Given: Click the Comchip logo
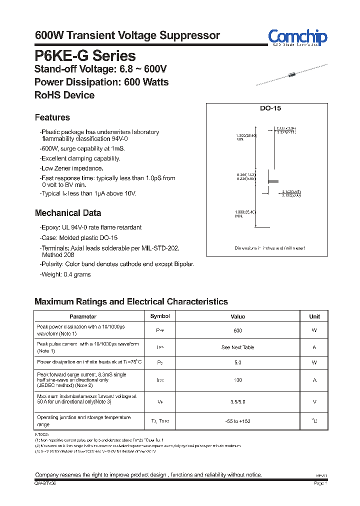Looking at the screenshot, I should point(297,37).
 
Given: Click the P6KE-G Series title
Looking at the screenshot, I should point(85,55).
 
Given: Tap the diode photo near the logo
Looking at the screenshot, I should point(292,75).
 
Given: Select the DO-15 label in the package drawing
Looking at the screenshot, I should point(271,108).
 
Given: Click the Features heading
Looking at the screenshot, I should point(52,117).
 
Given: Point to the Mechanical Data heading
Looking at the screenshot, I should point(68,213).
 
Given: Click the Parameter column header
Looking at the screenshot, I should point(83,316).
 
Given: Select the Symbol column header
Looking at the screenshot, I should point(160,316).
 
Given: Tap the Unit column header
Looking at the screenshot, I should point(314,316).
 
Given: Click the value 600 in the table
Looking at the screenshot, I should point(238,330).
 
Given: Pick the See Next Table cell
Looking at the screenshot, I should point(238,347).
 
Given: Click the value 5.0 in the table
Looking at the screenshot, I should point(238,362).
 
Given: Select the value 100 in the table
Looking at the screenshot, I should point(238,380).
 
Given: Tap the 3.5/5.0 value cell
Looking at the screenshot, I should point(238,401).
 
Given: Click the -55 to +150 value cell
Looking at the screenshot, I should point(238,421).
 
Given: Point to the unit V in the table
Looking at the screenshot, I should point(314,401).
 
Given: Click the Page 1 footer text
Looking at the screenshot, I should point(320,483).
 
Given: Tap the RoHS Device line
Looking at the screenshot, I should point(64,95).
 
